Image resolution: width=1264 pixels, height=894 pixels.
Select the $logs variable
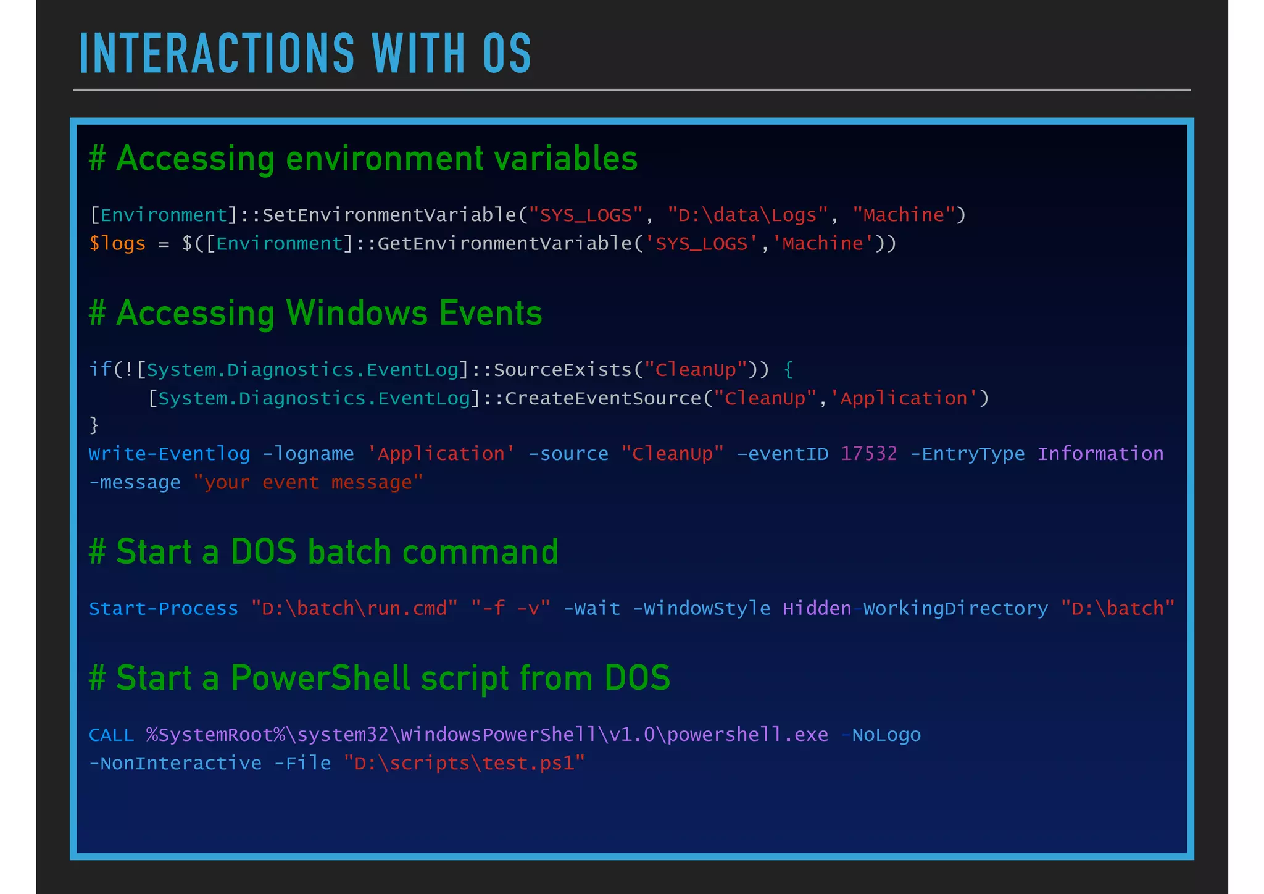(117, 243)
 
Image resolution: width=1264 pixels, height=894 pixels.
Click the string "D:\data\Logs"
(747, 215)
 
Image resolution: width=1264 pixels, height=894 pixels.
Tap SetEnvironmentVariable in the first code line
(389, 215)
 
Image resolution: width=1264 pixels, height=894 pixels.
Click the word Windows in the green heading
(357, 313)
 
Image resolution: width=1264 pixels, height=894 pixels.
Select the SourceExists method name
(563, 369)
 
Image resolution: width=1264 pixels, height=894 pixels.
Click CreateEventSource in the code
(603, 398)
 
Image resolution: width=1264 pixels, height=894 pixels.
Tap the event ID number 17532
(868, 454)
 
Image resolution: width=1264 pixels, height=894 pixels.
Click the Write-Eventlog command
(169, 454)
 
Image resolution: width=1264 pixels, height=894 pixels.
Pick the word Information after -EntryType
(1100, 454)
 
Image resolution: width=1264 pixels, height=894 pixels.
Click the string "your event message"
(308, 482)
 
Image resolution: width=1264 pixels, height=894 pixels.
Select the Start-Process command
(163, 609)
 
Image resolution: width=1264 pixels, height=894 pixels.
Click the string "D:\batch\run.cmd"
(354, 609)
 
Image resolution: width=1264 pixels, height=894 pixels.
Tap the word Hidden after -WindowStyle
(817, 609)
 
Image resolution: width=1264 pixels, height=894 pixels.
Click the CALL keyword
(111, 735)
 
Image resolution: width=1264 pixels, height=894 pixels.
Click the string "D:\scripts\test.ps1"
(464, 764)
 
